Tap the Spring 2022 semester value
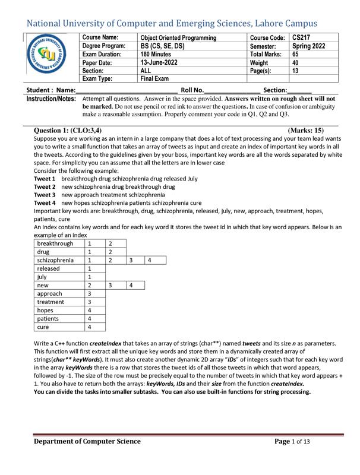click(x=309, y=46)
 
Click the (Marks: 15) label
click(x=305, y=130)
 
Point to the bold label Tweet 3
click(x=45, y=195)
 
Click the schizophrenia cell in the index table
click(x=55, y=260)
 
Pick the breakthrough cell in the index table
click(x=55, y=243)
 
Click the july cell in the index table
click(x=42, y=277)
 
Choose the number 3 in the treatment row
click(x=89, y=302)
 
